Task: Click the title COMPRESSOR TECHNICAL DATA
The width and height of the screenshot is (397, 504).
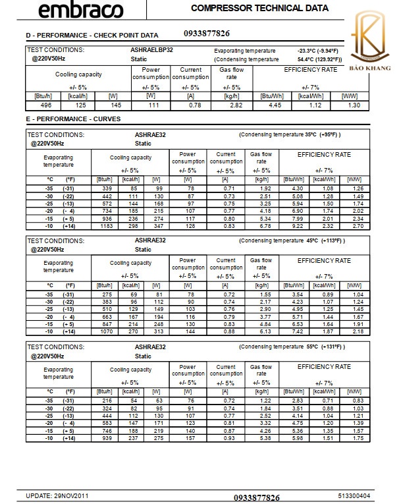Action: point(259,9)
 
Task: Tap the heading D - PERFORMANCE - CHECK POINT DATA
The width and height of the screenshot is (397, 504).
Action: point(92,34)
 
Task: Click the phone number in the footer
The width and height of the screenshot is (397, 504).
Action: point(257,496)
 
